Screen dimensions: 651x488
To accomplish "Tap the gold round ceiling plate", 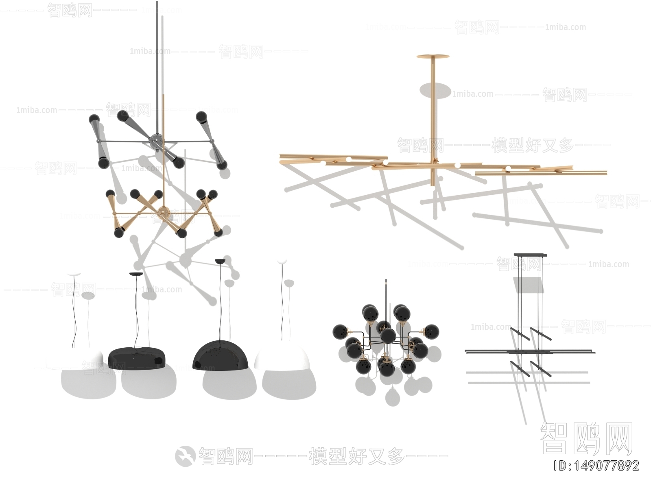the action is [433, 57].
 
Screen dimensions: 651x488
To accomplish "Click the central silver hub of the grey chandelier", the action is [156, 140].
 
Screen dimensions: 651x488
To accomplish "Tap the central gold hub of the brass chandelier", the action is [164, 211].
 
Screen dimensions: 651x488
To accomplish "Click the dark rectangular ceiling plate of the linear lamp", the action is [530, 255].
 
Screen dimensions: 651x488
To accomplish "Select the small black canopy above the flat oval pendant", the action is [136, 274].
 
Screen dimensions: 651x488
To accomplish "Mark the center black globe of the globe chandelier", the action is [388, 335].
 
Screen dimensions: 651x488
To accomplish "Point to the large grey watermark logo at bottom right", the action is [586, 439].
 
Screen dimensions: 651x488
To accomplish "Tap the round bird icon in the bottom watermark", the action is [185, 455].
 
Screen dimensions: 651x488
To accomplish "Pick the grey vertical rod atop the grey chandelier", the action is [157, 61].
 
